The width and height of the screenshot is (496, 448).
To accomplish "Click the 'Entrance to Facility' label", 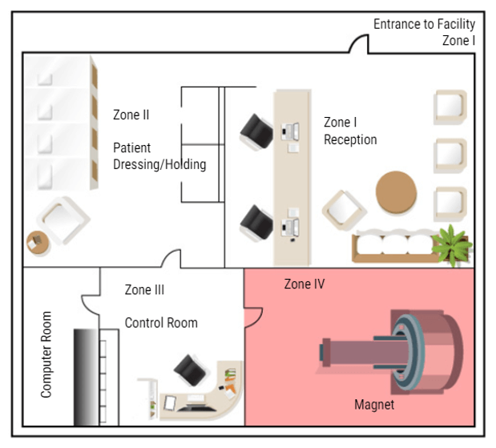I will click(x=424, y=24).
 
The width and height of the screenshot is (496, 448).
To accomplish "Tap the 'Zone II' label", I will click(x=131, y=115).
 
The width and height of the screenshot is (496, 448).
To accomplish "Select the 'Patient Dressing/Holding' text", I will click(x=159, y=156).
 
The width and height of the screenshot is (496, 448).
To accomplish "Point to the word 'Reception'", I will click(x=350, y=139).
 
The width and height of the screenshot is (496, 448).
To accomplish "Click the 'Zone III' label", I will click(x=144, y=289).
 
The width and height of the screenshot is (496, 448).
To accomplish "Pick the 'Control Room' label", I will click(x=160, y=323).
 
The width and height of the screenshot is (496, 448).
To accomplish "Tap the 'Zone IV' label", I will click(x=304, y=284).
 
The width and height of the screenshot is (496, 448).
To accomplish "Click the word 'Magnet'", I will click(x=374, y=405).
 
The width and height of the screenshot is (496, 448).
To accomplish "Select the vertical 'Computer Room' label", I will click(x=46, y=354).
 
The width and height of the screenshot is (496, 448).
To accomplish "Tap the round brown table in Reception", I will click(x=397, y=192).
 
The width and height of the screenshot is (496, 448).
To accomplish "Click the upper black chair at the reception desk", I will click(x=257, y=130).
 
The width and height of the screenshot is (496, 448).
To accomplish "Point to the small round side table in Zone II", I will click(x=37, y=241).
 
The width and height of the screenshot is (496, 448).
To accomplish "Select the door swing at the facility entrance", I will click(x=358, y=44).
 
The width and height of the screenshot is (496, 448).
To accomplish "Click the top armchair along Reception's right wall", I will click(x=450, y=108).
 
